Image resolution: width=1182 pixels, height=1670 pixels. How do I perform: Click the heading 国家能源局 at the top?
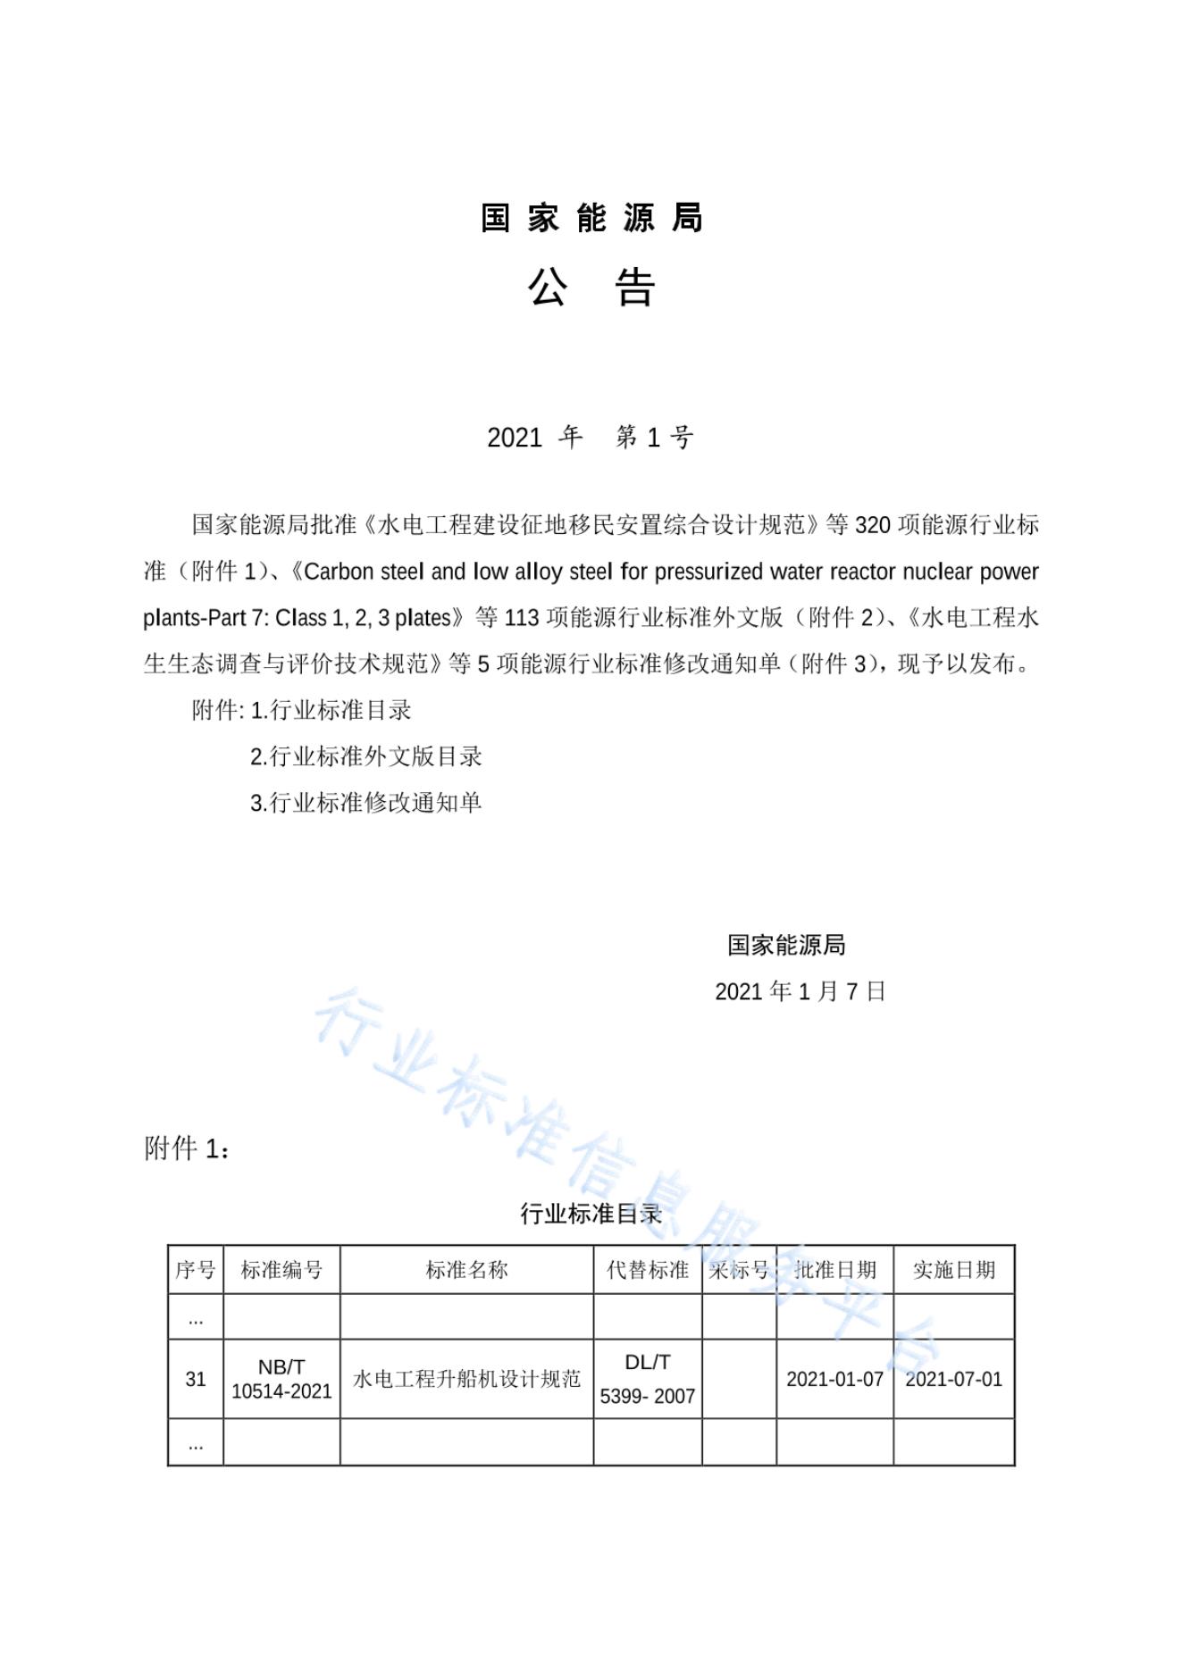[591, 218]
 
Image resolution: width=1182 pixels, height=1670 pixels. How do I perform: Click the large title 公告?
[591, 288]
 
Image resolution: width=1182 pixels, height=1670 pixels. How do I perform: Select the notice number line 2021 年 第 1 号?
[590, 438]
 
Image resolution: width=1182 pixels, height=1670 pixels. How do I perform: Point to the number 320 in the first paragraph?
[872, 525]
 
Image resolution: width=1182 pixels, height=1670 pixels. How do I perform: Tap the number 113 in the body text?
[522, 618]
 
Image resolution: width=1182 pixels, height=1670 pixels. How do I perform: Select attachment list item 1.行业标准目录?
[331, 711]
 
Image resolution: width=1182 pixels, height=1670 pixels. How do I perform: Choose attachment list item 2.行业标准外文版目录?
[365, 757]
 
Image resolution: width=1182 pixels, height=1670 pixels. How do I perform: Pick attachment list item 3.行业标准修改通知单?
[365, 803]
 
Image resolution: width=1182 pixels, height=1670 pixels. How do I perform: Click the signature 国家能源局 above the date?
[786, 945]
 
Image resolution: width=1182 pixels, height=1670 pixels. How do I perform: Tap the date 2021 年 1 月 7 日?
[800, 991]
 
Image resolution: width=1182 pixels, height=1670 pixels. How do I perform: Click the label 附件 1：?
[187, 1148]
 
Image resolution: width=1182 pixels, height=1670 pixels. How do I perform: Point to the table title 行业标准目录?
[591, 1214]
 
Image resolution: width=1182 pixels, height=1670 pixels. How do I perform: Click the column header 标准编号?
[281, 1270]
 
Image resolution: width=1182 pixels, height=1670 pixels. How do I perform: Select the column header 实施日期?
[953, 1270]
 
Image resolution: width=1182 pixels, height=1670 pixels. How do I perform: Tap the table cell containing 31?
[196, 1380]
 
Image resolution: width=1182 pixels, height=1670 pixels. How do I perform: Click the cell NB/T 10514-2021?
[281, 1380]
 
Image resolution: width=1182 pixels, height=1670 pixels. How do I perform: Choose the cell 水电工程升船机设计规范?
[466, 1380]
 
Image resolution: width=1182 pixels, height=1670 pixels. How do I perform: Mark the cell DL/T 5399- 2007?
[648, 1380]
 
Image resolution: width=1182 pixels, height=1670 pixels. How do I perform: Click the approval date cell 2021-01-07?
[834, 1380]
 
